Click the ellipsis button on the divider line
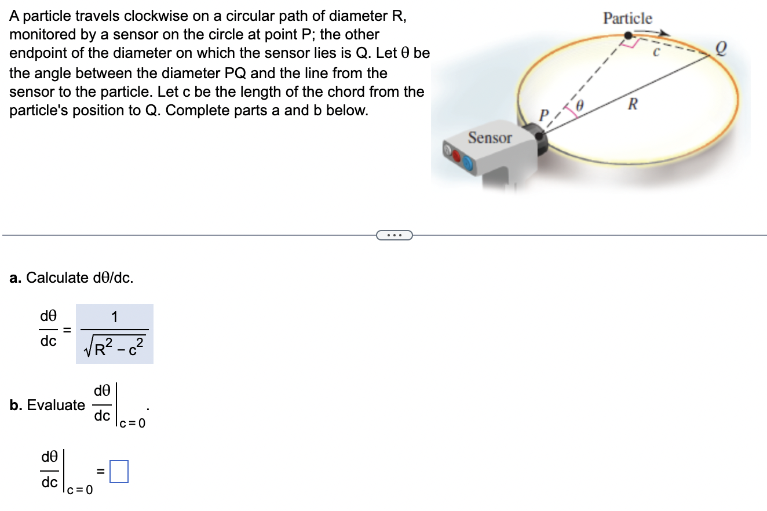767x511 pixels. coord(394,235)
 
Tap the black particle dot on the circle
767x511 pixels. coord(628,36)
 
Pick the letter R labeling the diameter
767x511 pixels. coord(633,105)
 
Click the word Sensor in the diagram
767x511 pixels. coord(490,138)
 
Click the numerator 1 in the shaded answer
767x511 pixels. coord(115,317)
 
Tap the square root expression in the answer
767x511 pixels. coord(115,348)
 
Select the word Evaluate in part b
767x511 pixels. coord(56,405)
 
